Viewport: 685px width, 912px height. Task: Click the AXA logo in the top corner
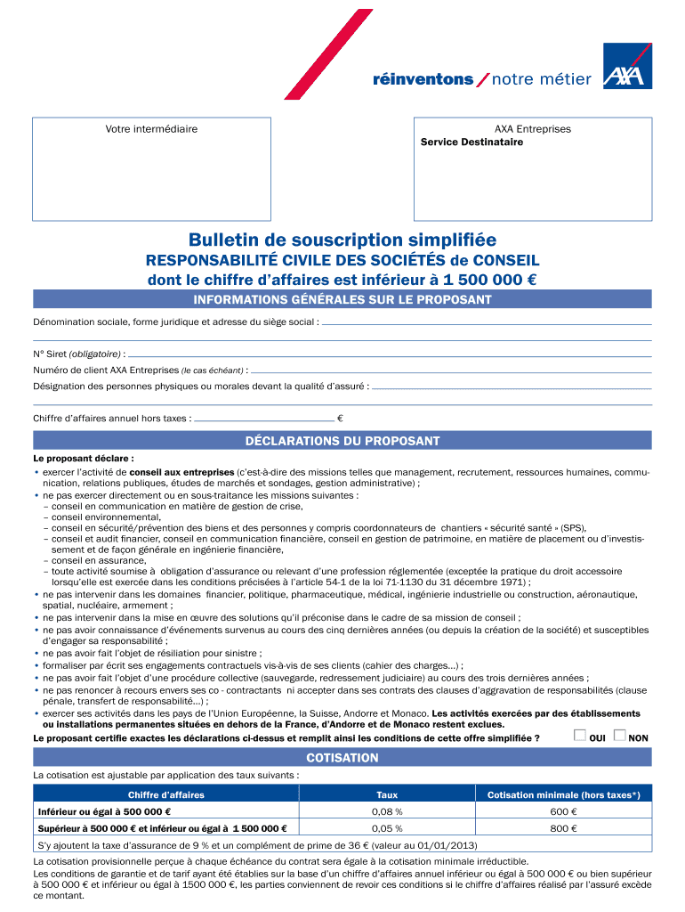[627, 66]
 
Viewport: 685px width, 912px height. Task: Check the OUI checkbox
[580, 736]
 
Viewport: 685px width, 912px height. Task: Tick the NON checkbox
[620, 736]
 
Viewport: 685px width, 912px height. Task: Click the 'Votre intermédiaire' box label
[151, 129]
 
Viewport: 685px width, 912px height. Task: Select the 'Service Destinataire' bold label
[471, 142]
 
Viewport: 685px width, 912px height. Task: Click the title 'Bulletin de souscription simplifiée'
[342, 240]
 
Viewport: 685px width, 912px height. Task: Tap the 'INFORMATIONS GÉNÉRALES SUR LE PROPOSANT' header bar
[342, 300]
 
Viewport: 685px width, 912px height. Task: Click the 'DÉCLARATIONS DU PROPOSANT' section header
[342, 441]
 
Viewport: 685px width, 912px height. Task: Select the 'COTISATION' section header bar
[342, 758]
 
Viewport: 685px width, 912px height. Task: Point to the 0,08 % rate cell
[387, 812]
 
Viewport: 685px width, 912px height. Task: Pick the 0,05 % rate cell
[387, 828]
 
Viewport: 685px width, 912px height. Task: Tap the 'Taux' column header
[387, 794]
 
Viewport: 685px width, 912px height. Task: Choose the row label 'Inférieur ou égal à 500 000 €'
[104, 812]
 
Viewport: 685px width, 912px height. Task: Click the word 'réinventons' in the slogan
[423, 80]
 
